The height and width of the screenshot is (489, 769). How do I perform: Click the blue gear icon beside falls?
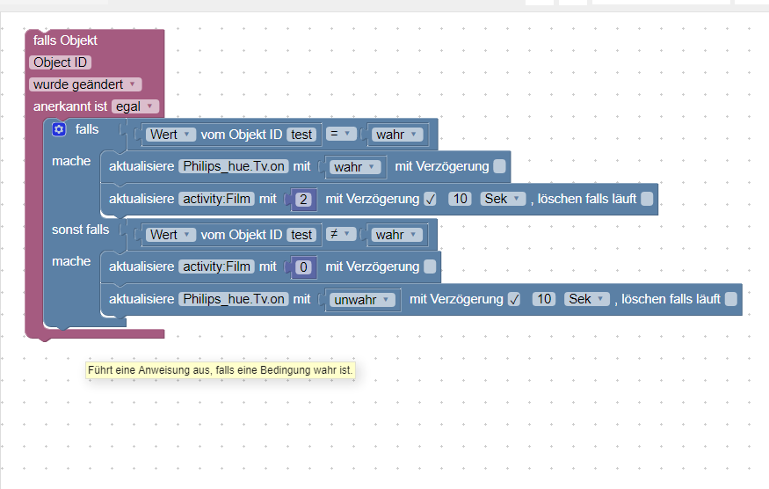pyautogui.click(x=59, y=129)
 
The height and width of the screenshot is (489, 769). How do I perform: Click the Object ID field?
pyautogui.click(x=61, y=62)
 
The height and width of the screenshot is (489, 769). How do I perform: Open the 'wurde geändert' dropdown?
pyautogui.click(x=85, y=84)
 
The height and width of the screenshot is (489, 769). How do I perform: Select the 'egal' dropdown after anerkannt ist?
pyautogui.click(x=135, y=106)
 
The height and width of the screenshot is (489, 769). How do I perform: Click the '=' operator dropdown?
pyautogui.click(x=341, y=134)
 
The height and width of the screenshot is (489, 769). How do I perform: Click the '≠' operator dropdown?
pyautogui.click(x=341, y=234)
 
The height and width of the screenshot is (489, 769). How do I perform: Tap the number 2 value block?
pyautogui.click(x=303, y=200)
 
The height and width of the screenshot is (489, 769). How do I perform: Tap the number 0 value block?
pyautogui.click(x=303, y=267)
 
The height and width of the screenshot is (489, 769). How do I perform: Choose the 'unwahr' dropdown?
pyautogui.click(x=362, y=300)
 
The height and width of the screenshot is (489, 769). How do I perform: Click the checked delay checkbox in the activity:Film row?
pyautogui.click(x=430, y=199)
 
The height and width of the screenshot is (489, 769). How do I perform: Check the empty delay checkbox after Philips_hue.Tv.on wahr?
pyautogui.click(x=499, y=166)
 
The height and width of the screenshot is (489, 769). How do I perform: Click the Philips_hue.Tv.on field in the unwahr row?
pyautogui.click(x=234, y=299)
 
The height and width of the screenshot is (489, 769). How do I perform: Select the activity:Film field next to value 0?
pyautogui.click(x=217, y=266)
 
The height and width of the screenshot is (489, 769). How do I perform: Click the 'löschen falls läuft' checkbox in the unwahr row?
pyautogui.click(x=730, y=299)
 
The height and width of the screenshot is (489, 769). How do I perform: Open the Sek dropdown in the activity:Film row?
pyautogui.click(x=503, y=199)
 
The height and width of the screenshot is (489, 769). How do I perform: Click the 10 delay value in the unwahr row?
pyautogui.click(x=544, y=299)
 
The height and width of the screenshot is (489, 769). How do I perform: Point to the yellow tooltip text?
pyautogui.click(x=221, y=370)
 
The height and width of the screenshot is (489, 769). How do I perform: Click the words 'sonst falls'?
pyautogui.click(x=81, y=230)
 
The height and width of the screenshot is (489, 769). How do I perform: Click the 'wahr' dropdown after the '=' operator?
pyautogui.click(x=396, y=135)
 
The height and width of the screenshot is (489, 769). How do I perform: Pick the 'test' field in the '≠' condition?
pyautogui.click(x=301, y=235)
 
